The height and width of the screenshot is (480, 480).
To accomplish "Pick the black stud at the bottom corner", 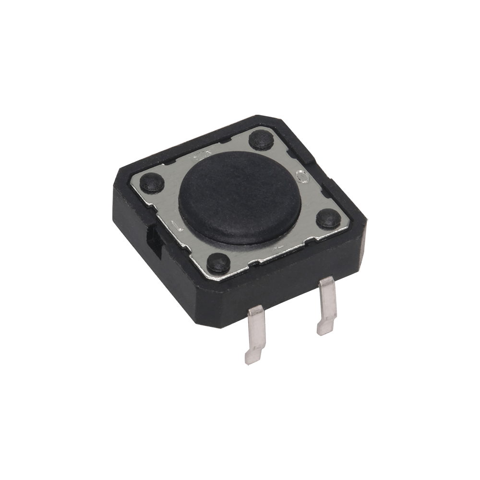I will [x=217, y=261].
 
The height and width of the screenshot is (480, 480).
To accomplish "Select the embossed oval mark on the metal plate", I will [x=302, y=177].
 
